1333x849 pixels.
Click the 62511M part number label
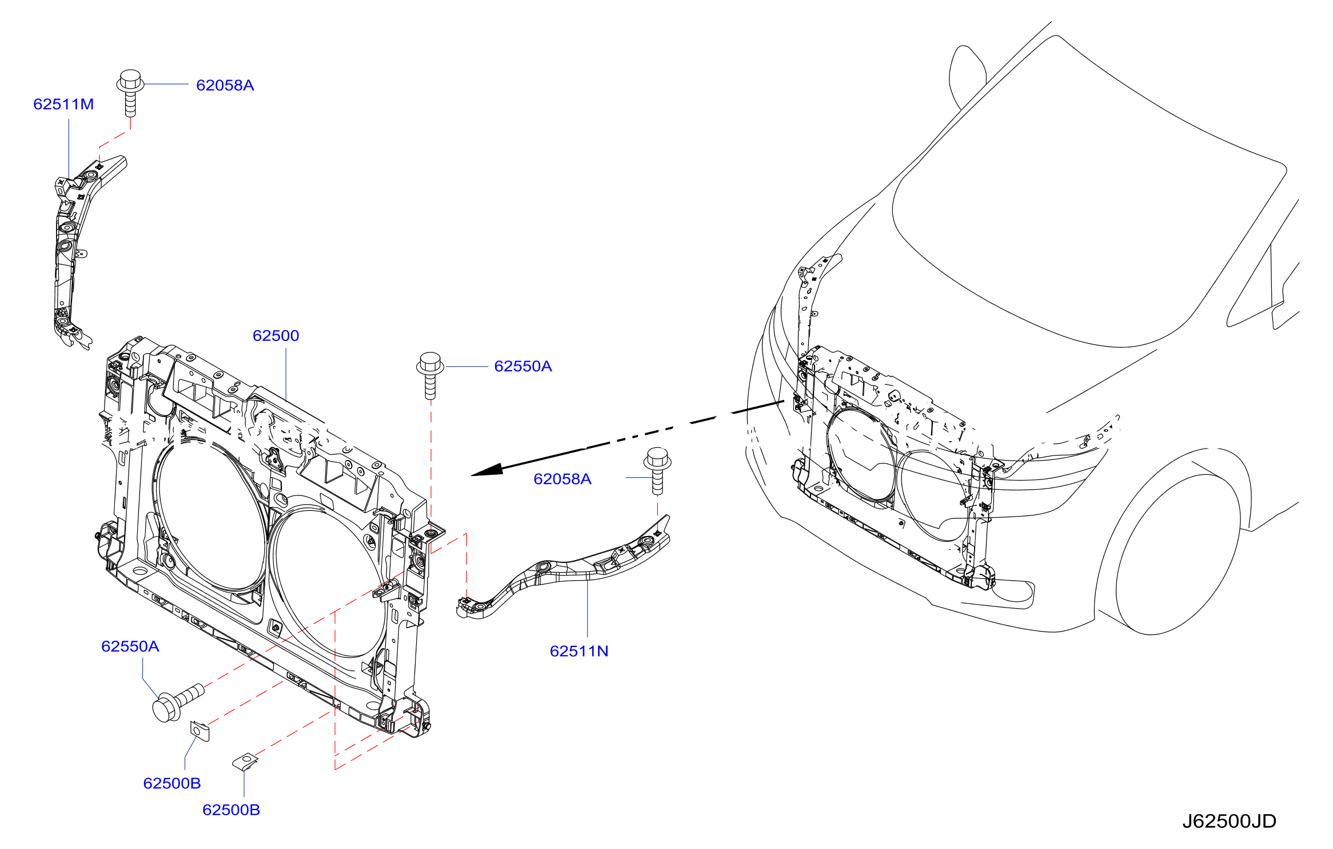click(63, 104)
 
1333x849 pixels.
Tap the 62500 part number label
click(276, 336)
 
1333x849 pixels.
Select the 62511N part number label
click(579, 651)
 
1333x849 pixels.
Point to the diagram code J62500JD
click(1229, 822)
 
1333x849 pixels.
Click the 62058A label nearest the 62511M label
click(225, 85)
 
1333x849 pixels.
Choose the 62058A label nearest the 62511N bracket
click(562, 479)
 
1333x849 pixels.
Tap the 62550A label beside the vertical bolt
click(523, 366)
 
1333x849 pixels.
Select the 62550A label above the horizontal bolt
click(130, 646)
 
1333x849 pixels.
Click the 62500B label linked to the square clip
click(172, 783)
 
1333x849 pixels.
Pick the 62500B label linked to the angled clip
click(231, 810)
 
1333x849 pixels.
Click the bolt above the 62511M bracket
click(130, 93)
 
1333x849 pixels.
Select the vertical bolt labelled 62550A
click(430, 375)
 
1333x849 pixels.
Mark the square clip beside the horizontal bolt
click(199, 731)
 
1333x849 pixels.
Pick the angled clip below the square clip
click(245, 762)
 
